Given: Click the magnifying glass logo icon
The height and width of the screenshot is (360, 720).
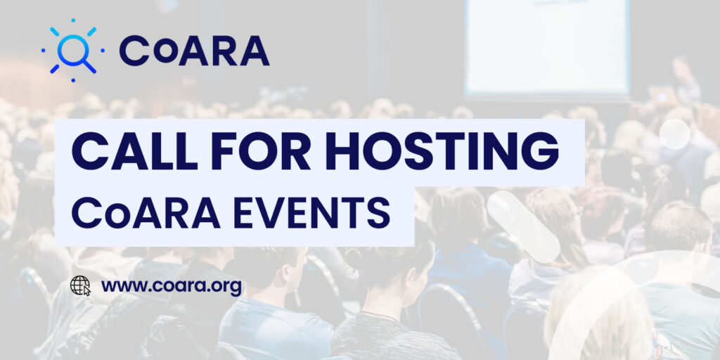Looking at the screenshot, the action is click(72, 51).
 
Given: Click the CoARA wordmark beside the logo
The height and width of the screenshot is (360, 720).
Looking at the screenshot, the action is click(194, 51).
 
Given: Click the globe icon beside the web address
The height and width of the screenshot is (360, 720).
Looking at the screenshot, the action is click(80, 285).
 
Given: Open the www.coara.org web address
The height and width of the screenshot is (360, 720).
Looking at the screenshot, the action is click(172, 287).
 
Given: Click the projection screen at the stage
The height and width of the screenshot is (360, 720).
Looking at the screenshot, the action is click(547, 46).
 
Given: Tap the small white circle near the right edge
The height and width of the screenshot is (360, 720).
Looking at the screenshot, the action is click(674, 134).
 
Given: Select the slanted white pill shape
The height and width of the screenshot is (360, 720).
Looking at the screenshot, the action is click(523, 227).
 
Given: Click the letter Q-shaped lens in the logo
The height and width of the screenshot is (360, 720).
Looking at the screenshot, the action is click(70, 47).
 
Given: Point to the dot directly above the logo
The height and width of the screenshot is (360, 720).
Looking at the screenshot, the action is click(73, 20).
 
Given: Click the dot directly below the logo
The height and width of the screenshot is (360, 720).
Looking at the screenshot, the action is click(73, 80).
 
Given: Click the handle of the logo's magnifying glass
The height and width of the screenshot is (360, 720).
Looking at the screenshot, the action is click(89, 67).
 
